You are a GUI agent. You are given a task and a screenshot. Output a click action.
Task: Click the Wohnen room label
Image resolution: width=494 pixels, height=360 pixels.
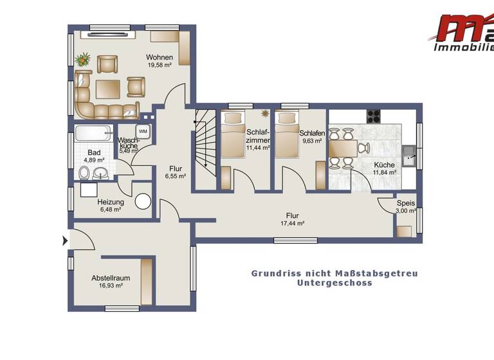[159, 57]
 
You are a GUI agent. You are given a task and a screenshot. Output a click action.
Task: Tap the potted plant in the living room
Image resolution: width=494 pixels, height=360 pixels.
[82, 60]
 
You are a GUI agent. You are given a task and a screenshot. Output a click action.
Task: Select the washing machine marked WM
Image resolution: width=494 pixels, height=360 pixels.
[143, 131]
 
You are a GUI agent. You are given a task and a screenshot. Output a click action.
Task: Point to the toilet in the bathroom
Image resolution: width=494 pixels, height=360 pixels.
[84, 172]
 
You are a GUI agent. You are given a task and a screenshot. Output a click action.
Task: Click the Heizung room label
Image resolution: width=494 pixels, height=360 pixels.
[93, 202]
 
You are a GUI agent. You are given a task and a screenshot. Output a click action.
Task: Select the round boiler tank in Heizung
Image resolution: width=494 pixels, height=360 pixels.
[143, 201]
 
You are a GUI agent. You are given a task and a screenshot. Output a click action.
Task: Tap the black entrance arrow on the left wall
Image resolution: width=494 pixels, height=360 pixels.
[64, 241]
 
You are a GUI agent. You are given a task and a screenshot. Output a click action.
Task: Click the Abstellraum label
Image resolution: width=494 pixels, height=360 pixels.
[111, 278]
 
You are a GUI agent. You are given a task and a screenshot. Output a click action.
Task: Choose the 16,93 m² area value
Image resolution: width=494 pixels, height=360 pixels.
[111, 285]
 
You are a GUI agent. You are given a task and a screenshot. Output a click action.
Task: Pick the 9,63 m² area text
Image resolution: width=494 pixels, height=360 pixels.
[312, 141]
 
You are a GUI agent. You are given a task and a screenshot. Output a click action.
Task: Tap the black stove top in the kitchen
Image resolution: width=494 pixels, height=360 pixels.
[374, 116]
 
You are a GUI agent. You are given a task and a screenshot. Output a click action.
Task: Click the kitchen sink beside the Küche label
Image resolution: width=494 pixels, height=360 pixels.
[408, 154]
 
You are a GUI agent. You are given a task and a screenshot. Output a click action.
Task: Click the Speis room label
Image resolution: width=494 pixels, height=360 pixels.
[405, 203]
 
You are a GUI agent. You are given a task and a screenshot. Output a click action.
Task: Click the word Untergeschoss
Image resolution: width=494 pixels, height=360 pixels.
[334, 283]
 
